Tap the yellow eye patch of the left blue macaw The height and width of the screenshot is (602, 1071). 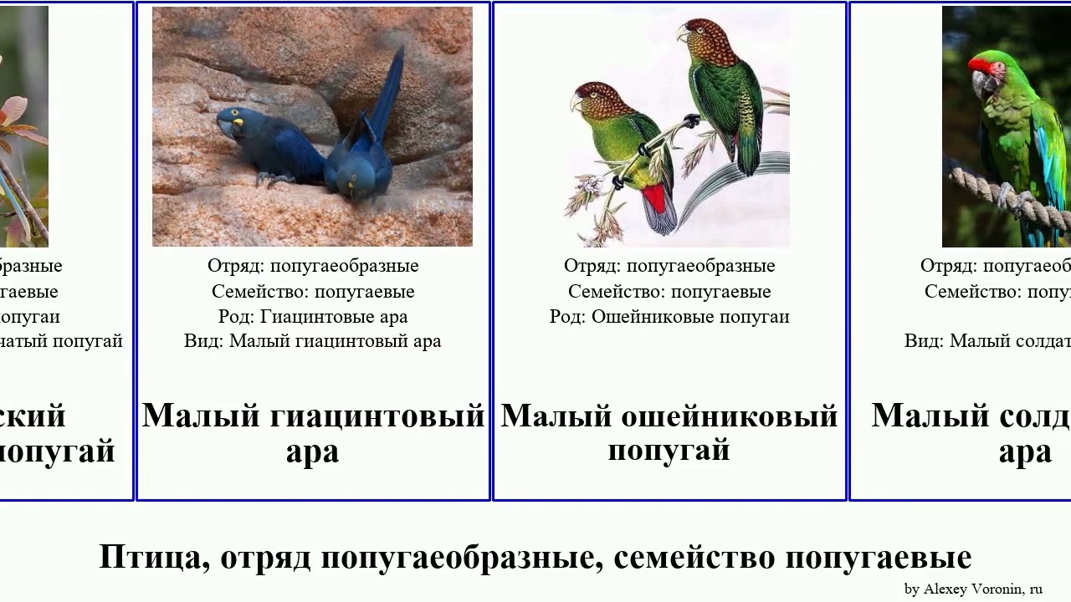pyautogui.click(x=238, y=123)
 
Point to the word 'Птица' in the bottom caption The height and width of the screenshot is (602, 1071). pyautogui.click(x=153, y=557)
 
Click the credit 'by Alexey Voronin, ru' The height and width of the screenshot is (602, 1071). pyautogui.click(x=973, y=589)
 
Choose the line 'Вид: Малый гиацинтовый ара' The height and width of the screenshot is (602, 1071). pyautogui.click(x=312, y=341)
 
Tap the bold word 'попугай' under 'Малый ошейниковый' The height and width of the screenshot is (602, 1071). pyautogui.click(x=669, y=451)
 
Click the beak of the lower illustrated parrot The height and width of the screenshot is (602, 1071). pyautogui.click(x=576, y=103)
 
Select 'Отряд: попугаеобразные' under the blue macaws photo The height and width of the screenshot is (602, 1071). pyautogui.click(x=313, y=266)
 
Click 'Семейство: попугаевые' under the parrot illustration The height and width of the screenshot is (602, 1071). pyautogui.click(x=669, y=292)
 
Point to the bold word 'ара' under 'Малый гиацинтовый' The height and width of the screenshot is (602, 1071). pyautogui.click(x=312, y=451)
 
